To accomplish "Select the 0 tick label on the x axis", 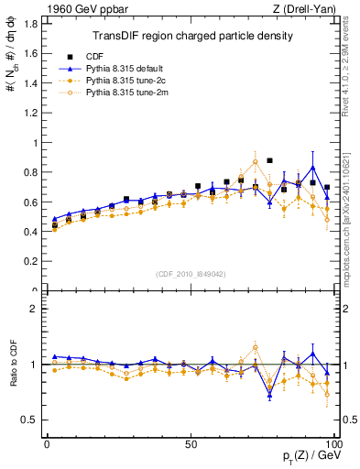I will pos(47,443).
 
